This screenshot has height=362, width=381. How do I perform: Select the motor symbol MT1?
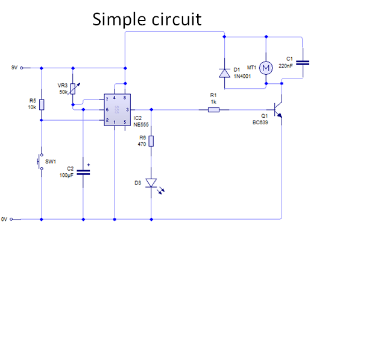(x=266, y=68)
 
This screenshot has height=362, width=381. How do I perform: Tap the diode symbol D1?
(x=224, y=73)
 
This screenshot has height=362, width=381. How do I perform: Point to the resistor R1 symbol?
(x=213, y=110)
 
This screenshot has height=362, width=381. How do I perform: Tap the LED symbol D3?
(x=151, y=182)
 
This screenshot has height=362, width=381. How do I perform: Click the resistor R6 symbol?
(x=151, y=141)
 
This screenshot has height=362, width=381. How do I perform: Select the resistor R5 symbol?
(x=41, y=104)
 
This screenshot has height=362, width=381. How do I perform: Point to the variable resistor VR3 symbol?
(x=73, y=89)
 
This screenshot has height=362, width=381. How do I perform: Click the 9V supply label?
(x=14, y=68)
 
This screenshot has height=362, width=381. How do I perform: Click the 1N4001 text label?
(x=242, y=77)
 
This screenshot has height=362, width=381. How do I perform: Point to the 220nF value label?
(x=286, y=66)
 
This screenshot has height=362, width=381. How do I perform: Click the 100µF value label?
(x=66, y=175)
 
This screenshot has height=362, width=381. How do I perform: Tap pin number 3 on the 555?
(x=127, y=110)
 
